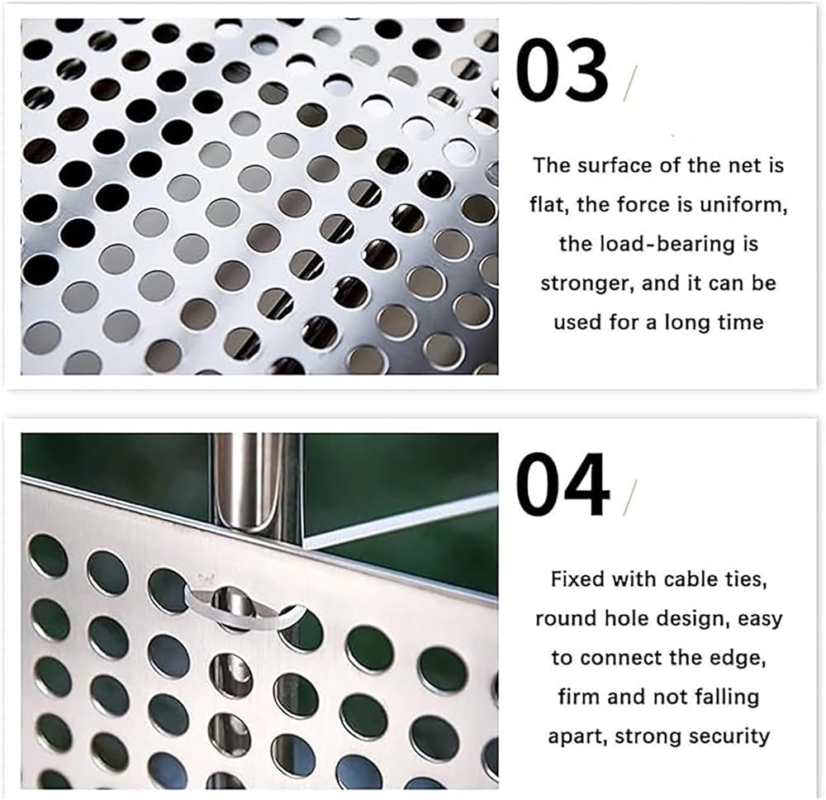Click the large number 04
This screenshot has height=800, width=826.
tap(562, 484)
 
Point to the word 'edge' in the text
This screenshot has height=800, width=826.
tap(742, 658)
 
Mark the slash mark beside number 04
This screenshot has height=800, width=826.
tap(629, 497)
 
